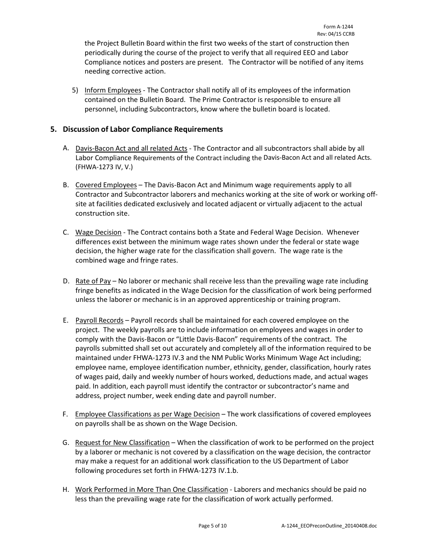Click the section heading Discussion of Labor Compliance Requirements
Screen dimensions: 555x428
(143, 129)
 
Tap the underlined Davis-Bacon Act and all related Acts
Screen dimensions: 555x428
(131, 148)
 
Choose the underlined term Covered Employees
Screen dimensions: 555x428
(106, 185)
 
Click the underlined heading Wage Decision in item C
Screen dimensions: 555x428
(98, 232)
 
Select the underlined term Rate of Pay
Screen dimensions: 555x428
(93, 281)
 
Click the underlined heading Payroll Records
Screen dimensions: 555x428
(99, 320)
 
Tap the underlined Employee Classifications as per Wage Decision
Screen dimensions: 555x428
(147, 414)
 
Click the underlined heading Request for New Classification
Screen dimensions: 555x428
(122, 443)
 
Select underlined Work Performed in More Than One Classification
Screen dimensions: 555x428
(151, 490)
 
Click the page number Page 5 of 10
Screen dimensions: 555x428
(213, 526)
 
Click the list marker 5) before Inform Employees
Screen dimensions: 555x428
(75, 90)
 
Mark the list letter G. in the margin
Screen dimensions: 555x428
(66, 443)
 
